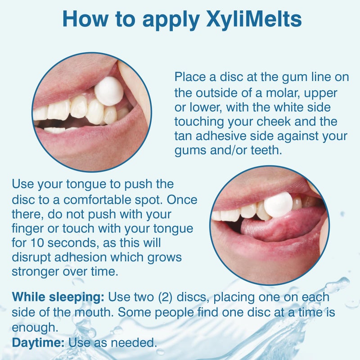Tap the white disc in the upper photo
tap(108, 91)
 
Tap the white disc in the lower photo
tap(278, 205)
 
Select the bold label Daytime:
tap(39, 343)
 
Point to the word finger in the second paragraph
tap(28, 229)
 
